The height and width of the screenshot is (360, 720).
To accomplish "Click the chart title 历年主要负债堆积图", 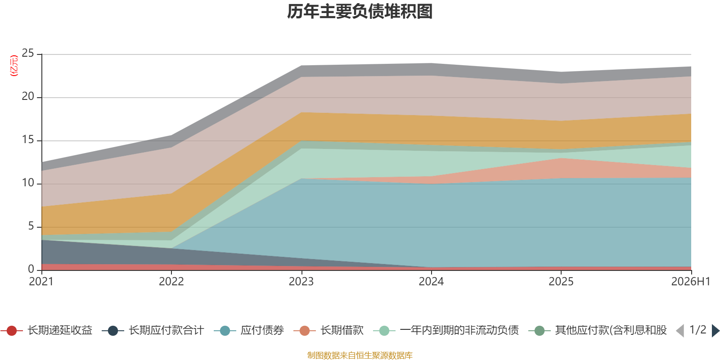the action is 360,12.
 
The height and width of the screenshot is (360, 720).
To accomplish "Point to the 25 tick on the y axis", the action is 27,53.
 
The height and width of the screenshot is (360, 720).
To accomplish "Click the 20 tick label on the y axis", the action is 27,96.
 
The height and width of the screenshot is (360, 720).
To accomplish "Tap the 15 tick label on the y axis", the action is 27,139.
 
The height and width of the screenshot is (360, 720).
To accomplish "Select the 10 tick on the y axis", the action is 27,183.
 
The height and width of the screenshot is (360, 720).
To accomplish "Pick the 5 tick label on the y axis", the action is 31,226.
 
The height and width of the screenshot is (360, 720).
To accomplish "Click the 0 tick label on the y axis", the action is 31,269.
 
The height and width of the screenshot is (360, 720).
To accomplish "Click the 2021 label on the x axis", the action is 41,282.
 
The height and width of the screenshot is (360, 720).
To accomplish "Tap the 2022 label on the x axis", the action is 171,282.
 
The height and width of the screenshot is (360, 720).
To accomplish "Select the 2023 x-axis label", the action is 301,282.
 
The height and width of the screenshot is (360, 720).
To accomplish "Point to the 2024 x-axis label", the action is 431,282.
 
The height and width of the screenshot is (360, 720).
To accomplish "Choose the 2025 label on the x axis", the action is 561,282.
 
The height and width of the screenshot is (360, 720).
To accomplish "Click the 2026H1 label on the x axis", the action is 690,282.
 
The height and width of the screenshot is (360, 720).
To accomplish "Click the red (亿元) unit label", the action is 14,66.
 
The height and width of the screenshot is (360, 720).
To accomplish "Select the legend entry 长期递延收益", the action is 47,330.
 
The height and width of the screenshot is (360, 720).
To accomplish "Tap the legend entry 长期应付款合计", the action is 153,330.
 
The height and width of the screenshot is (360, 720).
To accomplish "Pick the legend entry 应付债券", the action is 249,330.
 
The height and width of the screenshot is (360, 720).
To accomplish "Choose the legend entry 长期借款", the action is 328,330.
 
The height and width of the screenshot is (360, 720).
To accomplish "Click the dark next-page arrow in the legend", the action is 715,330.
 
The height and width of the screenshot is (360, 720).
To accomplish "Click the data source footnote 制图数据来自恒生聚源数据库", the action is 360,355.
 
